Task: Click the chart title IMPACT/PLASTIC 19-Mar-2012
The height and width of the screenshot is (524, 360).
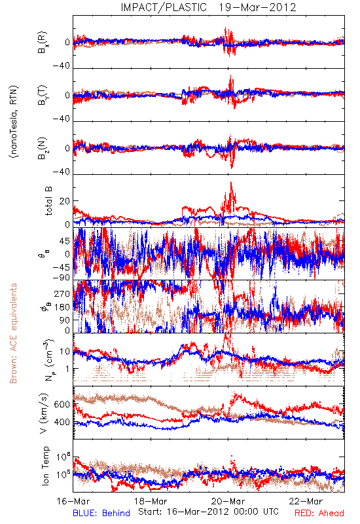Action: (x=208, y=7)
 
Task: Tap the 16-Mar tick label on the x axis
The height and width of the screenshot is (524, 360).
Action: (x=73, y=501)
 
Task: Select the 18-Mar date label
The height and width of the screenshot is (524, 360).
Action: (x=151, y=501)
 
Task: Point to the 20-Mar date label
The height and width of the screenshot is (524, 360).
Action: (x=228, y=501)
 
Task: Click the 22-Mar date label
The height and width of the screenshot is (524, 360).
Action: (x=306, y=501)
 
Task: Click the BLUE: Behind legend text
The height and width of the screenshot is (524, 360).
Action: (x=101, y=514)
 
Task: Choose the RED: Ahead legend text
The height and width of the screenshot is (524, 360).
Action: (x=319, y=514)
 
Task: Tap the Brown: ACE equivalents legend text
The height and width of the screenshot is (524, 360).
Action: (x=13, y=333)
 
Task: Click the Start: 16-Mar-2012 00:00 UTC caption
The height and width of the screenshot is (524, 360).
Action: (x=208, y=512)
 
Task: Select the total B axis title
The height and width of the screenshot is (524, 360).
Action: (x=48, y=201)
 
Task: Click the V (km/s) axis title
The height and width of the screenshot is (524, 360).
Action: (x=44, y=413)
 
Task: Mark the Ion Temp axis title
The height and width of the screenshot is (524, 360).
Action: (x=45, y=466)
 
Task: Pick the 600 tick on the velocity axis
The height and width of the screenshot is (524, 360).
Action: (x=62, y=404)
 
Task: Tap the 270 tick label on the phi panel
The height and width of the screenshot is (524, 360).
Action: (x=62, y=293)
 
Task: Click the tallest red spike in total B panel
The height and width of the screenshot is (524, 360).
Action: (x=231, y=183)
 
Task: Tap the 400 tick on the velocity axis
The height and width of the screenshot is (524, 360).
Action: (x=62, y=422)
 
